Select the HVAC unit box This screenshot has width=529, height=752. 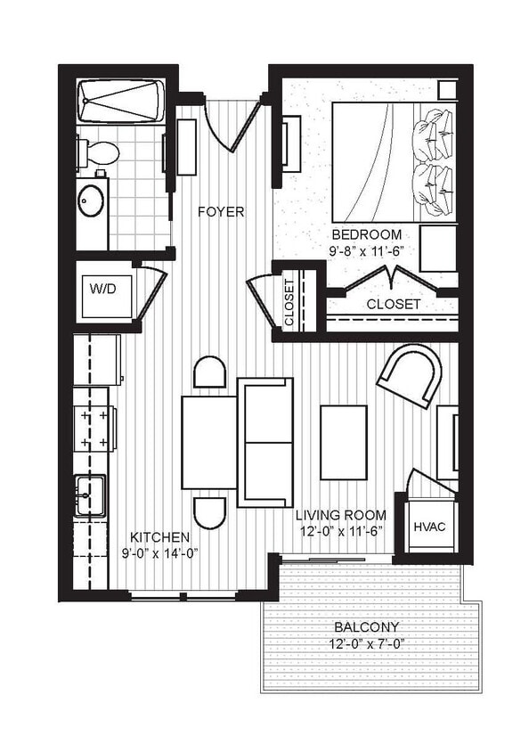428,527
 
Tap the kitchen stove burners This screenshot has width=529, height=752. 95,428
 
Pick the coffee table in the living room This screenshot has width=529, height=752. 344,433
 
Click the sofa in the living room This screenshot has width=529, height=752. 265,442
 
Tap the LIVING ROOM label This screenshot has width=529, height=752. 342,515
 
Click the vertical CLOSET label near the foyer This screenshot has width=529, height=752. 289,304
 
